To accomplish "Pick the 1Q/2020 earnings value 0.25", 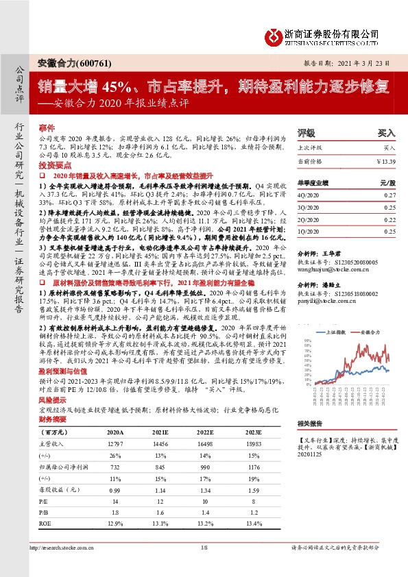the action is pos(389,232).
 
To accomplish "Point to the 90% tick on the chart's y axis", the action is pos(308,334).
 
